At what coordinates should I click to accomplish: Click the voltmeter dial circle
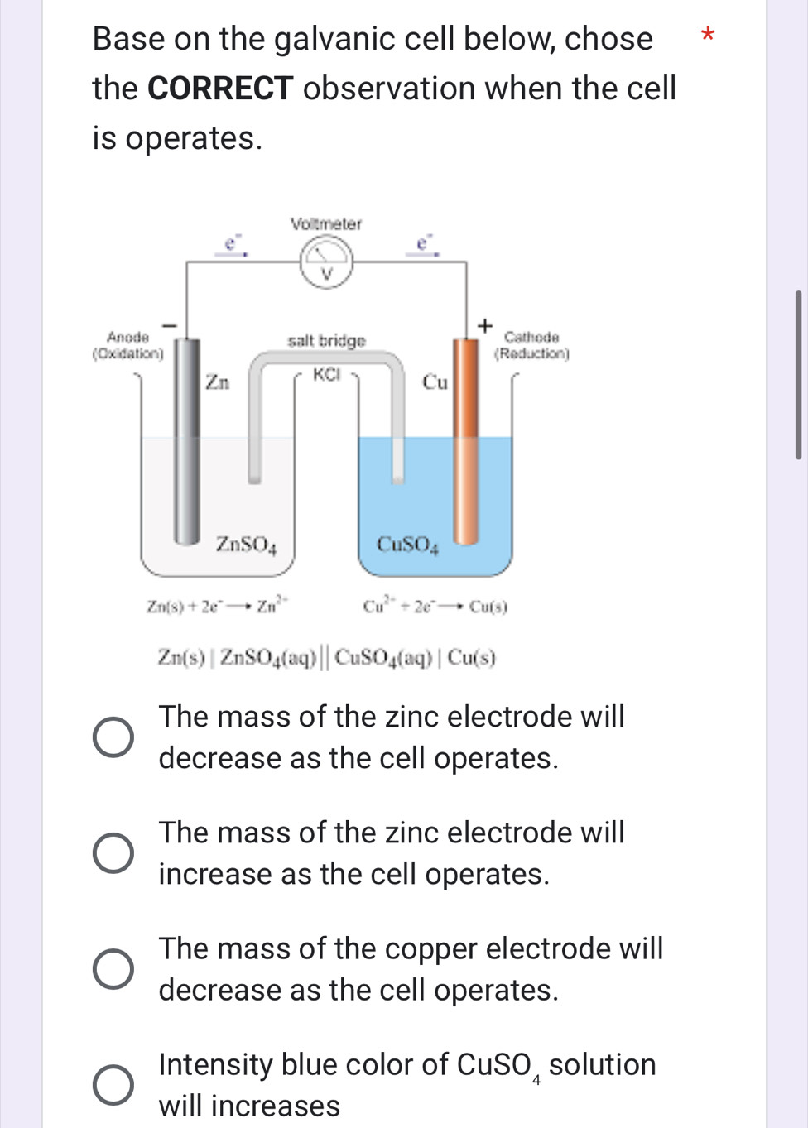click(x=326, y=262)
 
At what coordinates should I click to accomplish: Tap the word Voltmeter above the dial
click(x=326, y=223)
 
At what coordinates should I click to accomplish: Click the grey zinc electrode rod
click(x=186, y=439)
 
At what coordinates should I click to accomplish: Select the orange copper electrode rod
click(x=466, y=439)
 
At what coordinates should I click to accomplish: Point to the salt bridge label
click(x=326, y=340)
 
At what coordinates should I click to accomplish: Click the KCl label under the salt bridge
click(x=327, y=374)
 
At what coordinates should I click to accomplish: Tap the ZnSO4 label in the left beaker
click(x=246, y=544)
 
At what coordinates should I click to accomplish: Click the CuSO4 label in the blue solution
click(x=407, y=544)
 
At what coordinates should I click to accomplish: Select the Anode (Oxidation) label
click(x=127, y=345)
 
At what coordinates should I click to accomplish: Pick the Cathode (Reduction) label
click(x=531, y=345)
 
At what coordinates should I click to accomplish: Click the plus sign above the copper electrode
click(x=485, y=324)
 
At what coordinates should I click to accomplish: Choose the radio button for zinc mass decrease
click(x=113, y=737)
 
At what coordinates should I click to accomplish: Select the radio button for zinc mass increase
click(x=113, y=853)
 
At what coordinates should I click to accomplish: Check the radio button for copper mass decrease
click(x=113, y=969)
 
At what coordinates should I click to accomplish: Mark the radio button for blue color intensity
click(x=113, y=1085)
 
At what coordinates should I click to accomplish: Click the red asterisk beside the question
click(x=706, y=36)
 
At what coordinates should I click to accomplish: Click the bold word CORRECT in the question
click(x=220, y=89)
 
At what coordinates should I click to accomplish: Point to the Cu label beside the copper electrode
click(x=435, y=382)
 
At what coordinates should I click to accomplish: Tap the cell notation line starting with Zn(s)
click(x=327, y=658)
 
